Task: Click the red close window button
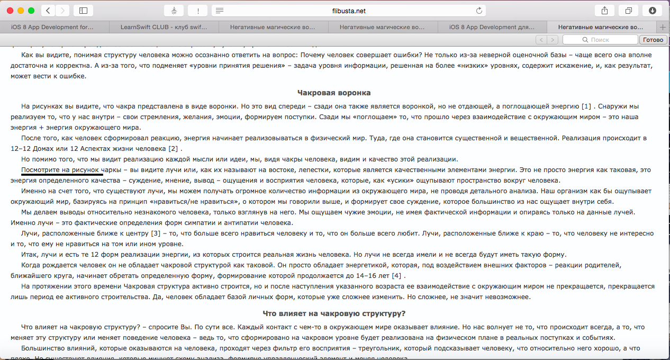point(10,11)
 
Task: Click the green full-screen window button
point(31,11)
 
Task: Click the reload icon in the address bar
point(479,11)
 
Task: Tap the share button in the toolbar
point(604,11)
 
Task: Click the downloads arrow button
point(652,11)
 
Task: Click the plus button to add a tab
point(663,27)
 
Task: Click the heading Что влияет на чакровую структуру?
point(334,313)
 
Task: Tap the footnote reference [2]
point(173,148)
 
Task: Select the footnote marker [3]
point(156,233)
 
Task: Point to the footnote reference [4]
point(396,275)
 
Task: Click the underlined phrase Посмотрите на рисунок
point(61,169)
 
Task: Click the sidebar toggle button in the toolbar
point(83,11)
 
